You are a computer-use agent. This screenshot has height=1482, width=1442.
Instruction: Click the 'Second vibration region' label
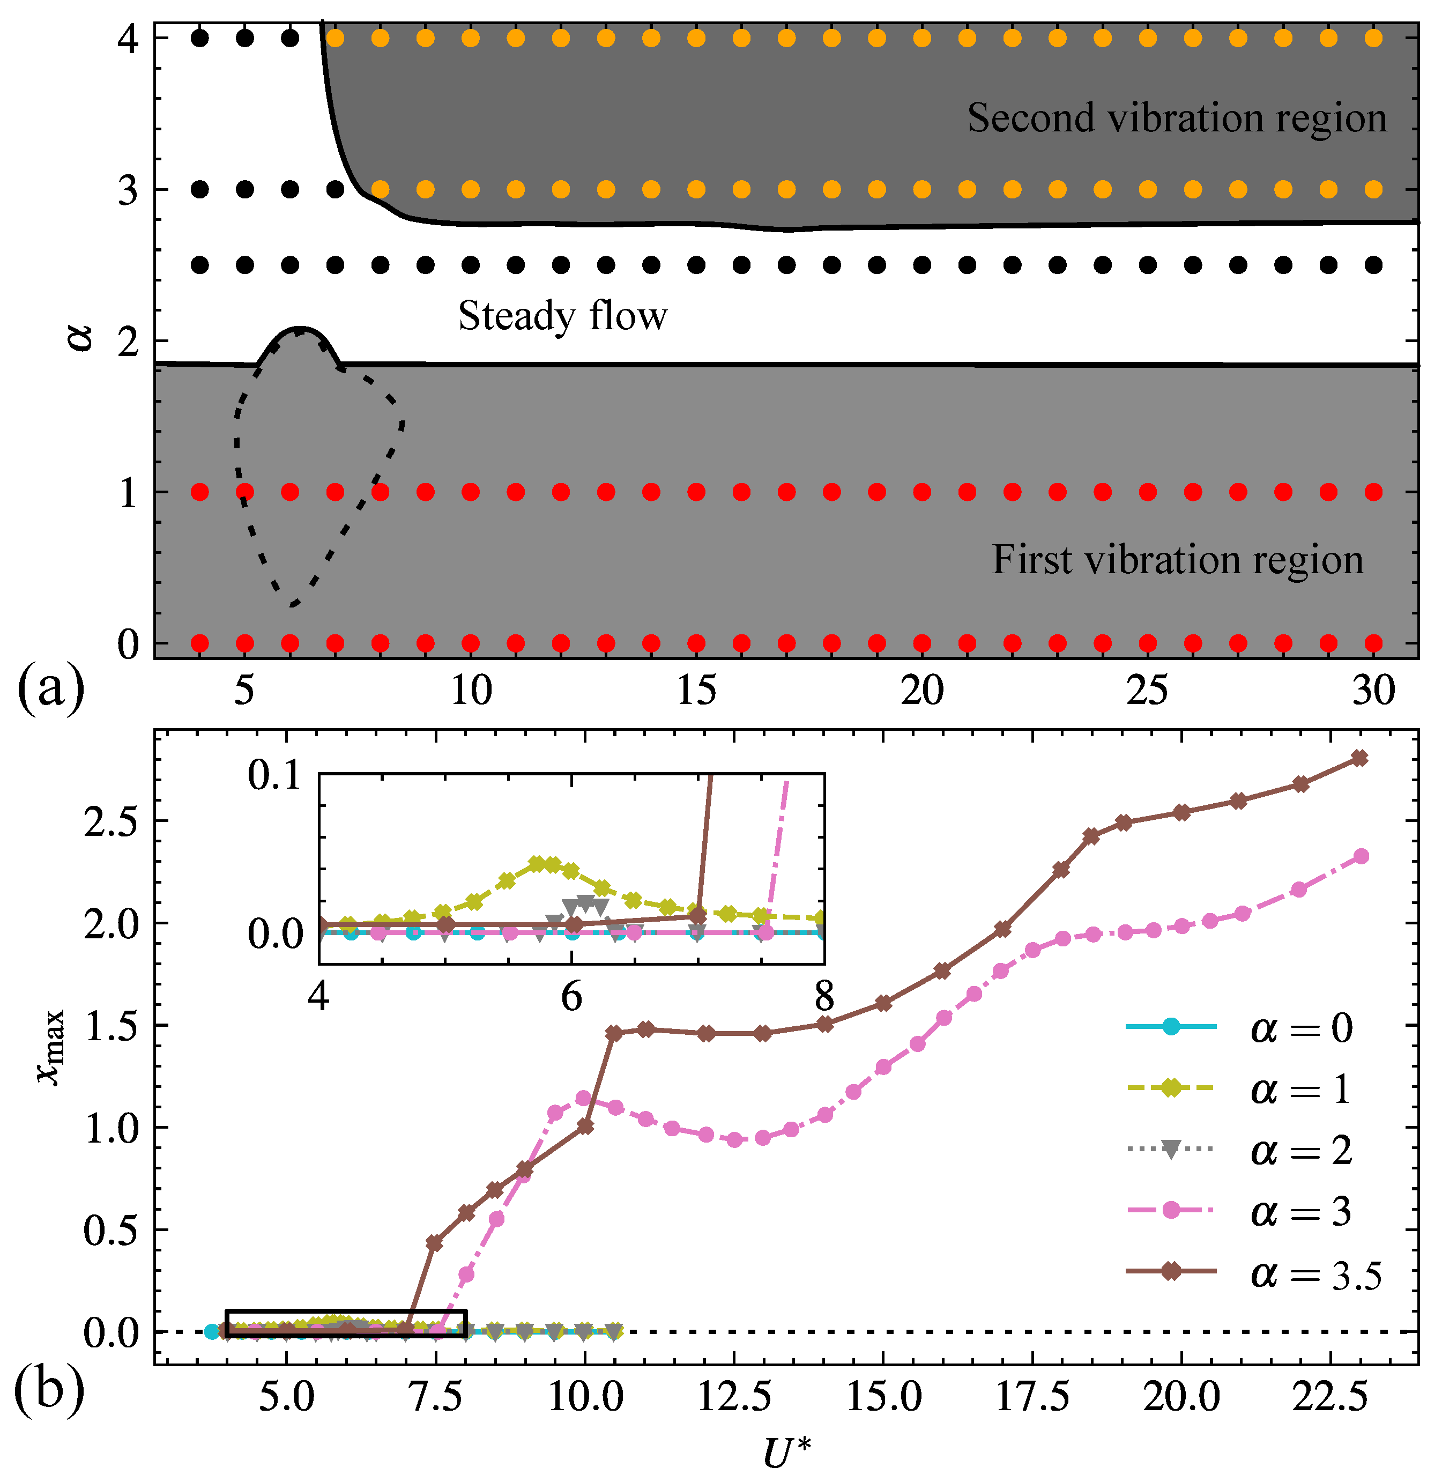tap(1176, 119)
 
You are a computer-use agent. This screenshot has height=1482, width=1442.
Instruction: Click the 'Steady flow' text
tap(563, 316)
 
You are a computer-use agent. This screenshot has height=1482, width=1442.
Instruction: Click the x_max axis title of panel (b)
tap(51, 1049)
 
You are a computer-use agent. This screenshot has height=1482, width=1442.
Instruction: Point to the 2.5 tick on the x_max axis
tap(112, 822)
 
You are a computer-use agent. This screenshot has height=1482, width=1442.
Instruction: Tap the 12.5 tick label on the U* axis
tap(733, 1396)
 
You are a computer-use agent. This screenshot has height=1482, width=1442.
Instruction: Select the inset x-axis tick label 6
tap(572, 996)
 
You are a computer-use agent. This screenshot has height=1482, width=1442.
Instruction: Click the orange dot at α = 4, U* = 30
tap(1373, 38)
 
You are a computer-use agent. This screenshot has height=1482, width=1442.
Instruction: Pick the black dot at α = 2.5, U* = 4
tap(200, 265)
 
